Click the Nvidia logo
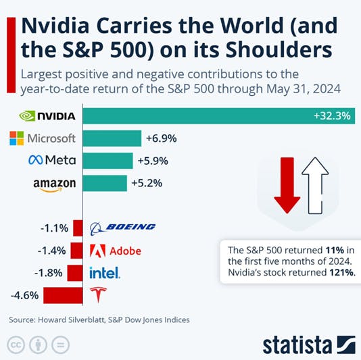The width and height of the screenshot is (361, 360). coord(47,116)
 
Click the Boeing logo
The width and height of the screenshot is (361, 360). coord(122,227)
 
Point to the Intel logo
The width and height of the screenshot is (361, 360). coord(105,273)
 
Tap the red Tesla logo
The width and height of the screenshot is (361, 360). coord(99,294)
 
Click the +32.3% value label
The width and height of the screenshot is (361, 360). coord(332,116)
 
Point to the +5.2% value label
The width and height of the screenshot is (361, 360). coord(147,182)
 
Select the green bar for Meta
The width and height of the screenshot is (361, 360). coord(108,160)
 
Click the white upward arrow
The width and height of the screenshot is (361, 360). coord(315,182)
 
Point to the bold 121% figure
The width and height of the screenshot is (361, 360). coord(342,273)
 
